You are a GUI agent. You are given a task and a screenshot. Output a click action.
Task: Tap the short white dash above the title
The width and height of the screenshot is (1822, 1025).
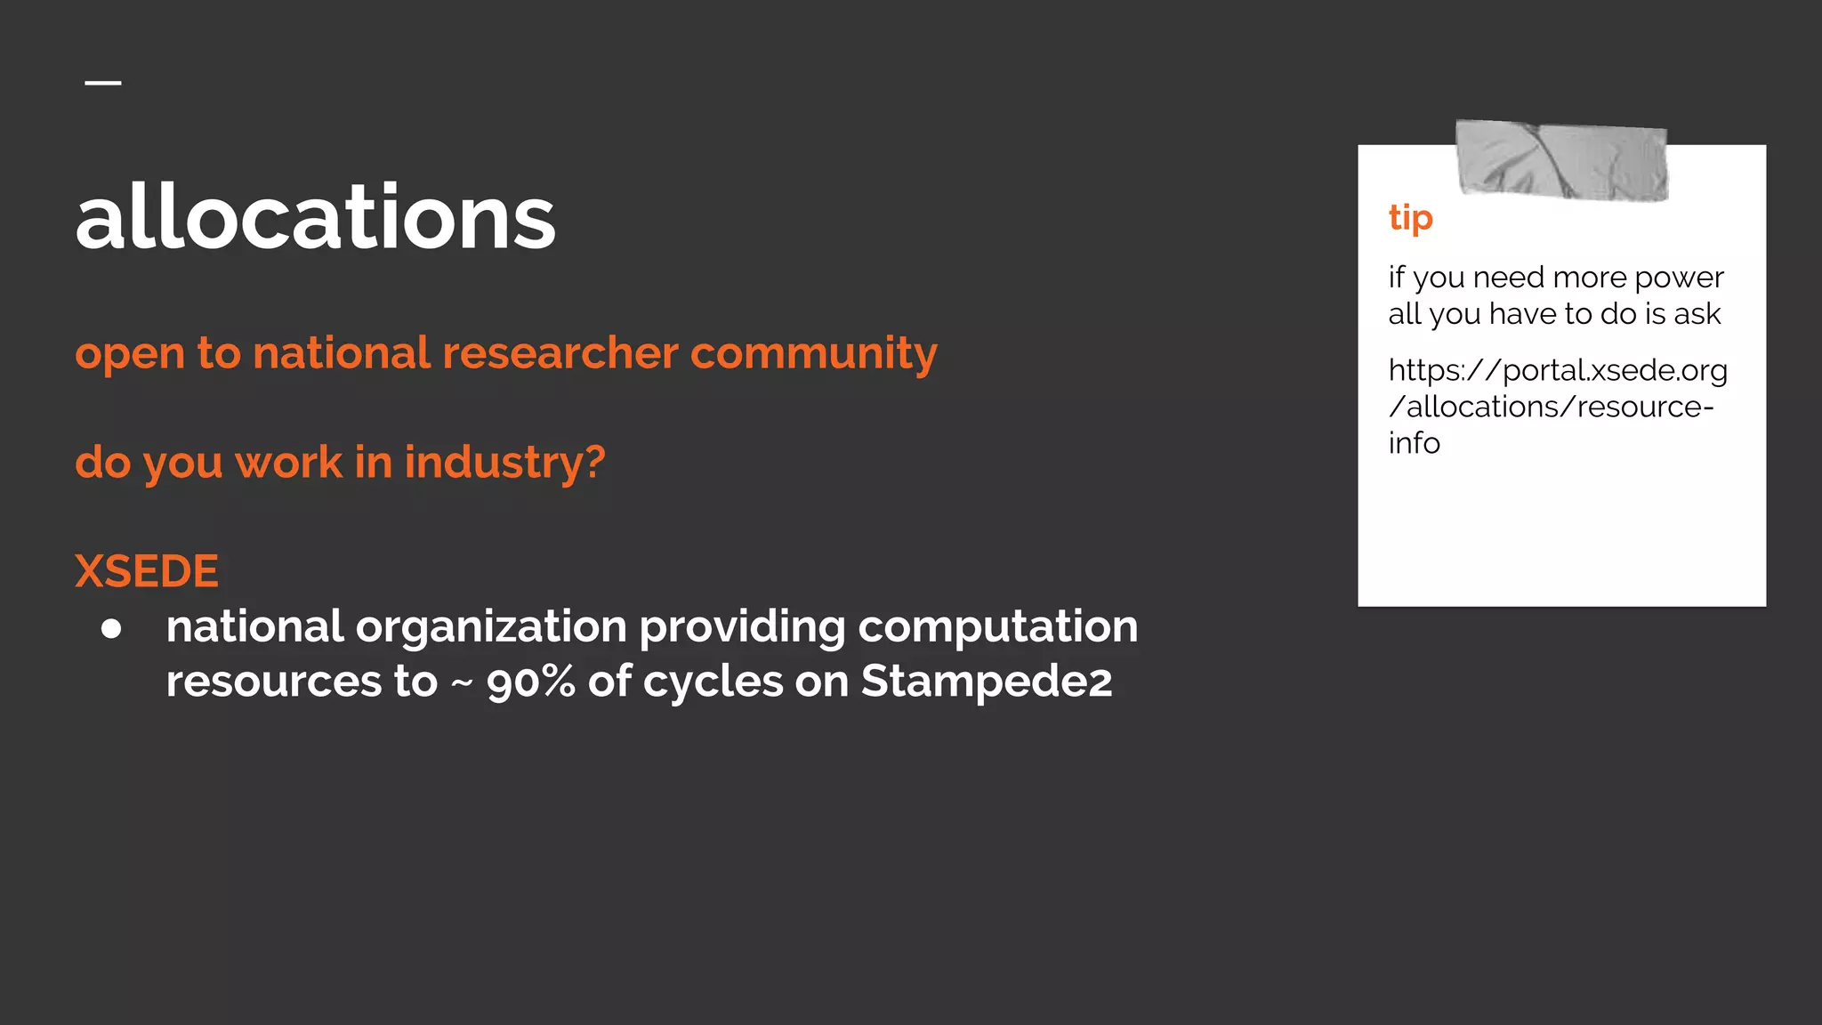click(103, 83)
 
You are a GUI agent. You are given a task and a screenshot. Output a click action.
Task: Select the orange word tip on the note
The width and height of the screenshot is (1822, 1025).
click(1410, 218)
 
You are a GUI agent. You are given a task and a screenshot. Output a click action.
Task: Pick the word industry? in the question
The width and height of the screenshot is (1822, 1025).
click(504, 463)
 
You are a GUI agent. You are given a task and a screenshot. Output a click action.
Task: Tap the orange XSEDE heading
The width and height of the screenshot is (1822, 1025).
click(147, 571)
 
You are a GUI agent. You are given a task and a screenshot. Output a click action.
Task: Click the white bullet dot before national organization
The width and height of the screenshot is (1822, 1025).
click(111, 629)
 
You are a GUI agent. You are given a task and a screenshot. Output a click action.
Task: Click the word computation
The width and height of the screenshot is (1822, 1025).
click(997, 628)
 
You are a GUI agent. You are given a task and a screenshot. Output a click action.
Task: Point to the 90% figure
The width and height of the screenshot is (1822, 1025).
click(531, 683)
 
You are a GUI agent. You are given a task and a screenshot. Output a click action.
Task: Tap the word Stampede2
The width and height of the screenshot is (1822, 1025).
click(986, 683)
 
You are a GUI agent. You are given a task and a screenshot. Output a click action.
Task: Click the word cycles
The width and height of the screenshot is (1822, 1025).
click(713, 683)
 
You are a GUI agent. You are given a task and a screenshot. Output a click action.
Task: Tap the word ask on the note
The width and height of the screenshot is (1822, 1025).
click(1697, 314)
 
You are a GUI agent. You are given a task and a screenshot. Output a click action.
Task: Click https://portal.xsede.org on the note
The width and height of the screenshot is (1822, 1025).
click(1557, 371)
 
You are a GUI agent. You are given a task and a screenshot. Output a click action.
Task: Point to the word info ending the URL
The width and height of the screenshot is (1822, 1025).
click(1414, 443)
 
